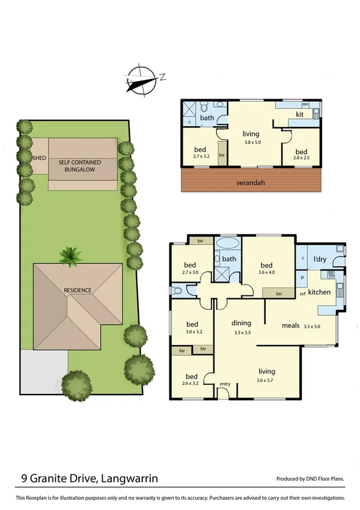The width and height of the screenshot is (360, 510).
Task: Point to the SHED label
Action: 39,158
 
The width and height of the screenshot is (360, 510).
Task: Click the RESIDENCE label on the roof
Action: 78,290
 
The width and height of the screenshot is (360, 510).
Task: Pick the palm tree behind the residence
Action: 72,257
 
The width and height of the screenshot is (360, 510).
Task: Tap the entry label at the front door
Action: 225,384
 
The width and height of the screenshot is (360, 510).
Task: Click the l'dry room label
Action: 320,259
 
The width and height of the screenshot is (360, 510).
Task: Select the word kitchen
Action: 320,292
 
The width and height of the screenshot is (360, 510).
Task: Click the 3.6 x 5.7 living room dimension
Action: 267,380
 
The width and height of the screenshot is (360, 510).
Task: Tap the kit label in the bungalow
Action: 299,114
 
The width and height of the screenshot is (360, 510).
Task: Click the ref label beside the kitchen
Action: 303,293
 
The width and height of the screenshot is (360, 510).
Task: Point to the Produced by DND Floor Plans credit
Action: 310,479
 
